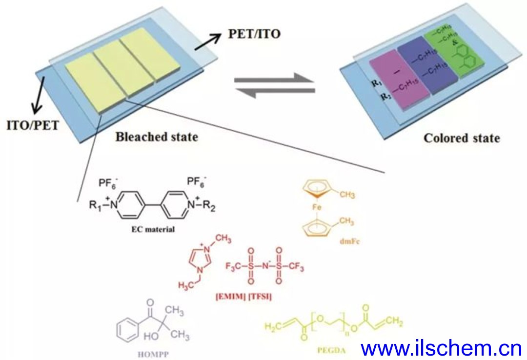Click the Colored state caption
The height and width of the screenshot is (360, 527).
(462, 138)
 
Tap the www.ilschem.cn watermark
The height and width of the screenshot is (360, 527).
(442, 348)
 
